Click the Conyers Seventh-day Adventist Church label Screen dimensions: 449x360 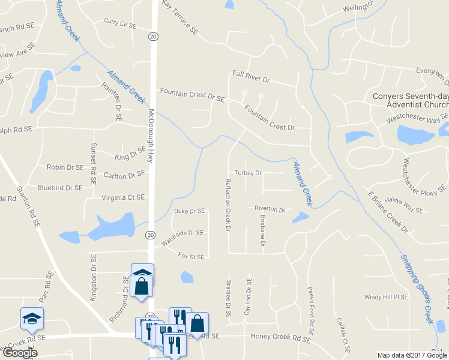click(410, 100)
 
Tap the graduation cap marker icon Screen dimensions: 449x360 click(32, 317)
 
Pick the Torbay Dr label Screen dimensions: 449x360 click(249, 173)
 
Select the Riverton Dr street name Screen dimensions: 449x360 click(270, 209)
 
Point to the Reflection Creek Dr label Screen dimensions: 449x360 click(228, 204)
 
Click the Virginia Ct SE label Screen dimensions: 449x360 click(124, 197)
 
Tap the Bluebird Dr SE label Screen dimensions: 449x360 click(59, 188)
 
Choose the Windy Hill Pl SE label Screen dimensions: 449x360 click(386, 297)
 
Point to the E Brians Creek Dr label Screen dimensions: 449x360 click(387, 212)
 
